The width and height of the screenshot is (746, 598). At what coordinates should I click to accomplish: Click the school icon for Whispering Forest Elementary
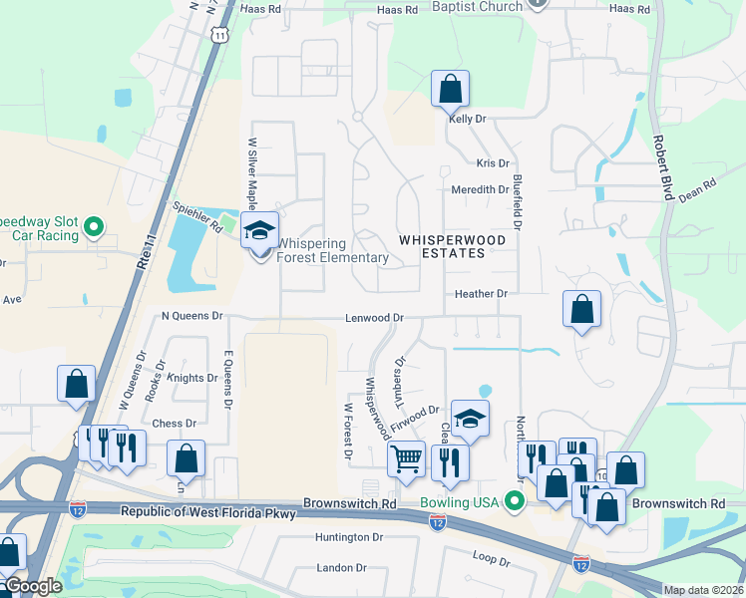(x=259, y=231)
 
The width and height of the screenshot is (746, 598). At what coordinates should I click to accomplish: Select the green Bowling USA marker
(x=515, y=500)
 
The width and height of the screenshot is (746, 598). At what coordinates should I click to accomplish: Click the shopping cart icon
(x=406, y=459)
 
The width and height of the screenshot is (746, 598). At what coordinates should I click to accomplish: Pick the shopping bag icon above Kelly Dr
(x=451, y=89)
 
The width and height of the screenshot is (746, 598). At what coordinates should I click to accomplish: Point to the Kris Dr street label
(x=493, y=163)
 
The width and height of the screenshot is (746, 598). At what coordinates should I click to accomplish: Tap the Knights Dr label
(x=191, y=378)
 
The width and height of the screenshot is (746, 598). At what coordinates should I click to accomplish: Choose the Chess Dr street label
(x=175, y=424)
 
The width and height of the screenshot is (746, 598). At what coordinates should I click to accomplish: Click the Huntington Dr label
(x=348, y=537)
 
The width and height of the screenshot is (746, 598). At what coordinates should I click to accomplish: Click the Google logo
(x=32, y=587)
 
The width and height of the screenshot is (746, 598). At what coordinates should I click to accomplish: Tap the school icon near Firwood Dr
(x=470, y=419)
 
